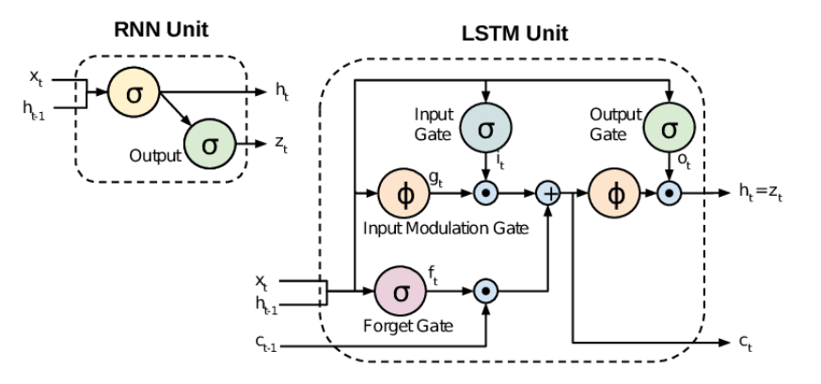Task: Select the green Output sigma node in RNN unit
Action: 208,145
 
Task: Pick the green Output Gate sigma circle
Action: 668,128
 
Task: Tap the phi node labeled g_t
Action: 402,195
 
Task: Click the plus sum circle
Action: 547,195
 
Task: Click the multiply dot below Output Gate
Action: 668,195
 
